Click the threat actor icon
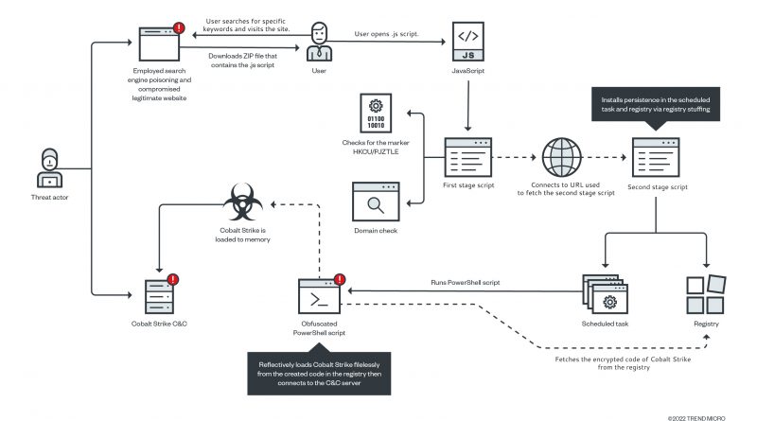coord(50,168)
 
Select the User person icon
coord(319,42)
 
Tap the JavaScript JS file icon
coord(467,42)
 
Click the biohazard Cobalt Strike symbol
coord(243,202)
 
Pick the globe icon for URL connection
coord(561,157)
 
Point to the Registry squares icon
coord(706,294)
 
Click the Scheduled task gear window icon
coord(605,294)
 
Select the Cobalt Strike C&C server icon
coord(160,295)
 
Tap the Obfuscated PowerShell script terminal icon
coord(319,296)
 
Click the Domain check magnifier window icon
coord(376,202)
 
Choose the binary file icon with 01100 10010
coord(376,113)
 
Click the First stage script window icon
coord(467,157)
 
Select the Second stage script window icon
coord(656,157)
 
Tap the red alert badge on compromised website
coord(179,28)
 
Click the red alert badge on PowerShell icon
coord(340,279)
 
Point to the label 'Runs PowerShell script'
coord(466,283)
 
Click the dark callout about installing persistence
coord(656,104)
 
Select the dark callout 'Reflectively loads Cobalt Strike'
coord(319,373)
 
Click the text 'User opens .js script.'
coord(387,34)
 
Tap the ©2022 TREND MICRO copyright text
coord(696,418)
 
